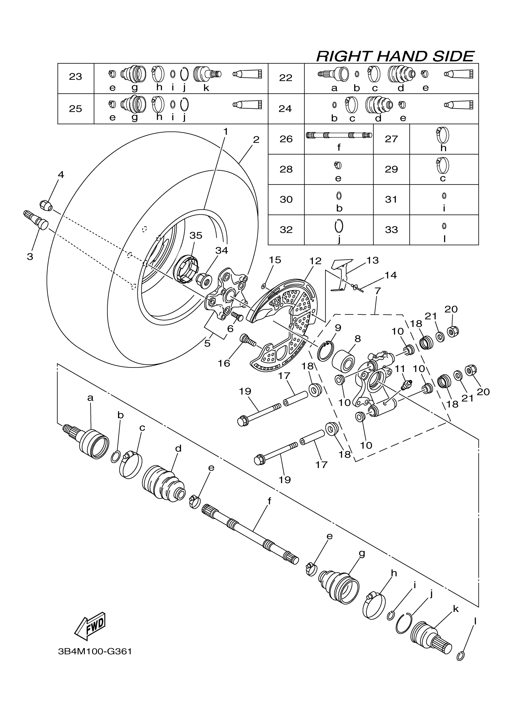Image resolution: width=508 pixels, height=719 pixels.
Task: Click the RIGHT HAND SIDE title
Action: point(395,57)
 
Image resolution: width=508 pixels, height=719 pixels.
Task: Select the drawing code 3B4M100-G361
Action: point(95,651)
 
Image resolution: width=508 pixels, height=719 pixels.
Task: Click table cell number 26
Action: point(286,139)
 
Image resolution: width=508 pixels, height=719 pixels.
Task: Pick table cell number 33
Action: point(391,230)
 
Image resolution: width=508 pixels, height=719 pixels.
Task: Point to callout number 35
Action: point(196,235)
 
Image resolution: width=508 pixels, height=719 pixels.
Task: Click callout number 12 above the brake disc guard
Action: point(315,261)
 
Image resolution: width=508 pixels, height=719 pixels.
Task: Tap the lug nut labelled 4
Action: point(46,205)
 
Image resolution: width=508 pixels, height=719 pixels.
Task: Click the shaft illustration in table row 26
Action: point(339,135)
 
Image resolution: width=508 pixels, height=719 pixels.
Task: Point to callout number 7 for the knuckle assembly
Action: point(377,291)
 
